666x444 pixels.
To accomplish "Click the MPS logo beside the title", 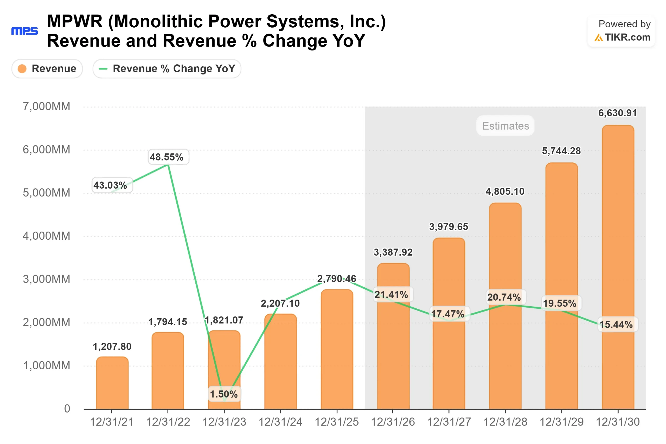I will pyautogui.click(x=25, y=31).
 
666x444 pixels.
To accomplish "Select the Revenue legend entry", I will pyautogui.click(x=47, y=68).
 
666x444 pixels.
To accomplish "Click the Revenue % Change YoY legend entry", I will pyautogui.click(x=167, y=68).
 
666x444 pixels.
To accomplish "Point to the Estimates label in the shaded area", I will pyautogui.click(x=505, y=126).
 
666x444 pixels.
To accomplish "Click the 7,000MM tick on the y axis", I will pyautogui.click(x=46, y=106).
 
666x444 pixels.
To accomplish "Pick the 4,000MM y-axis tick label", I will pyautogui.click(x=46, y=236).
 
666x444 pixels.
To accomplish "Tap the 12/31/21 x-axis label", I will pyautogui.click(x=112, y=422).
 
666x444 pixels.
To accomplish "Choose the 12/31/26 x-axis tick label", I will pyautogui.click(x=393, y=422).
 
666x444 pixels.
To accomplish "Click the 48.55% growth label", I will pyautogui.click(x=167, y=157).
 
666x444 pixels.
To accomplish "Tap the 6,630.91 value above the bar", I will pyautogui.click(x=617, y=113).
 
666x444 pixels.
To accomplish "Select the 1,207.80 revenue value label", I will pyautogui.click(x=112, y=347).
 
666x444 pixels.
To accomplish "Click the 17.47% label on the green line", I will pyautogui.click(x=448, y=314).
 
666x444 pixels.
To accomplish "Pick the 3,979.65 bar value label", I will pyautogui.click(x=449, y=226).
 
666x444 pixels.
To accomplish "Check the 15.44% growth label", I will pyautogui.click(x=616, y=324).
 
